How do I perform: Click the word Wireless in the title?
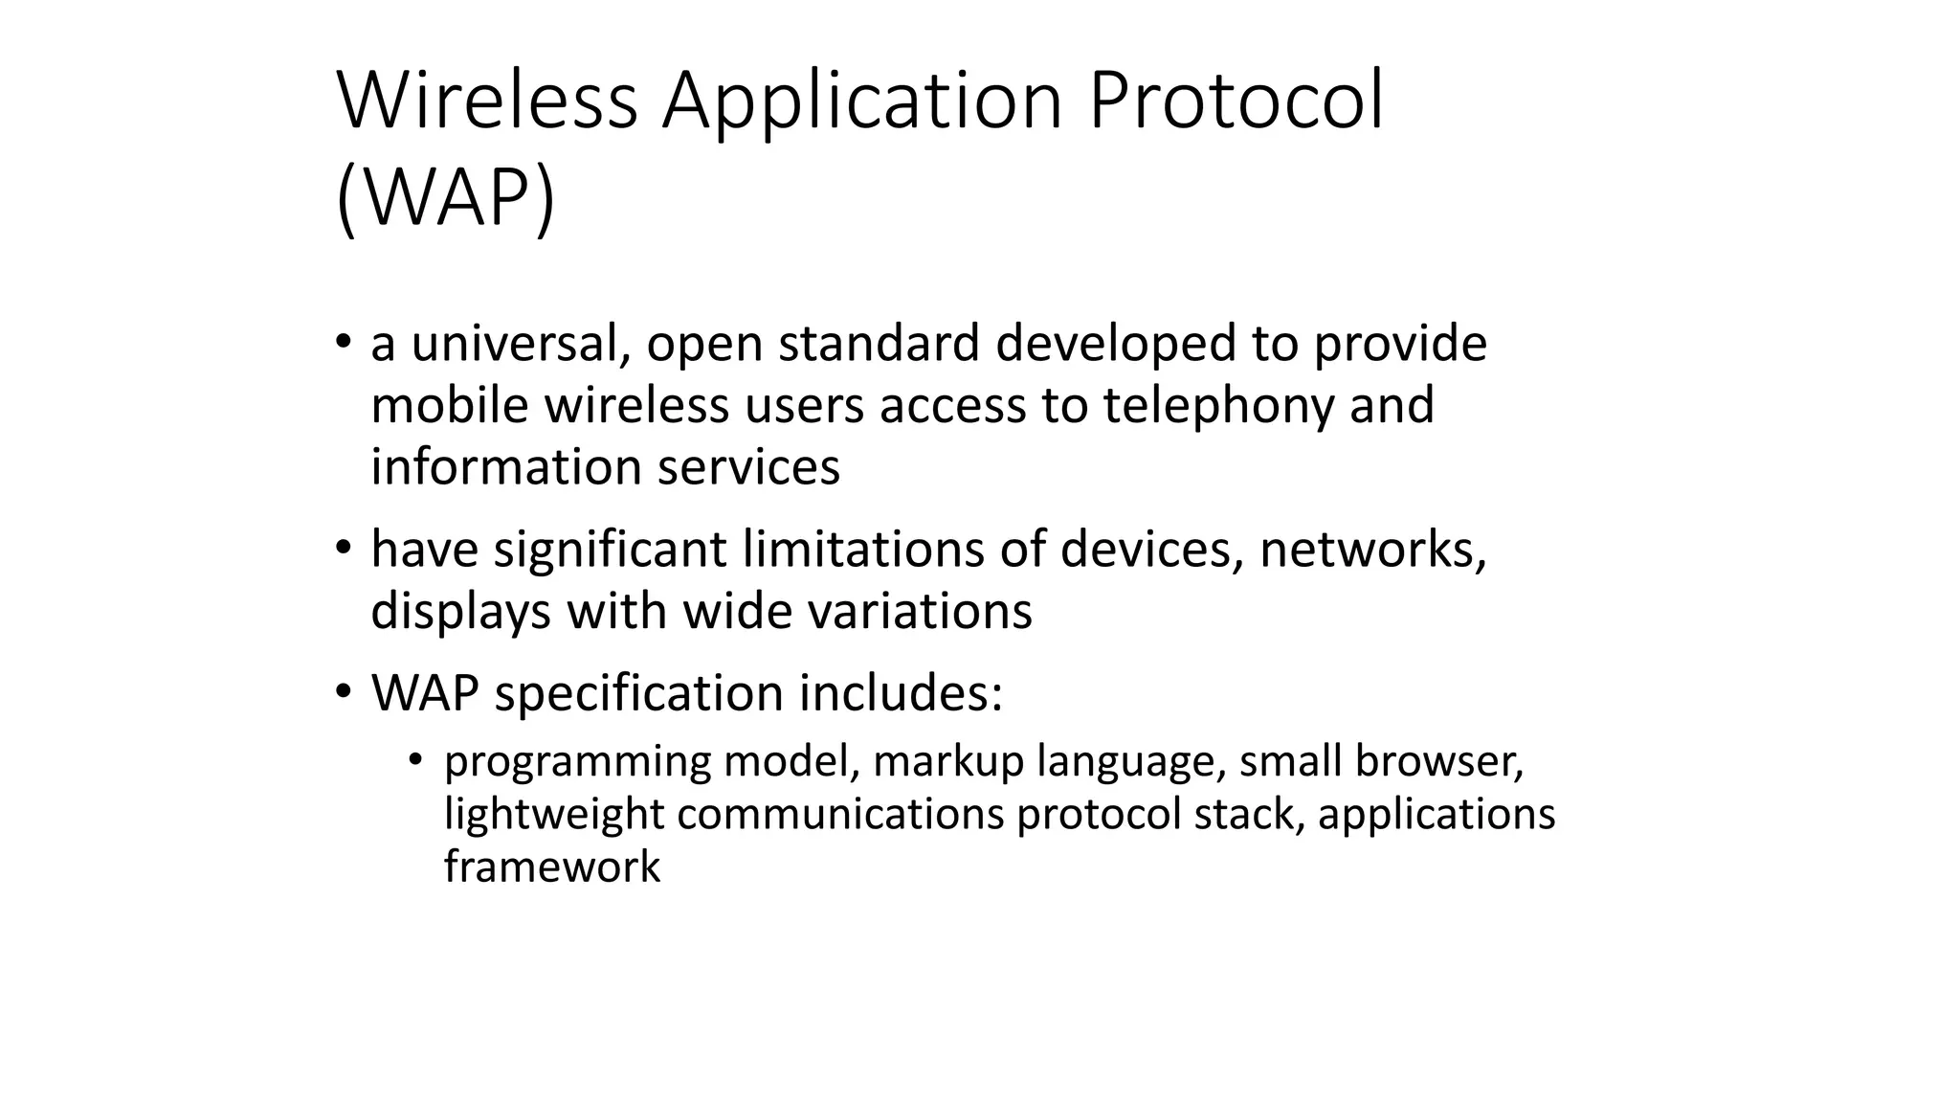[487, 101]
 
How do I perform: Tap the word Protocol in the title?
[1236, 101]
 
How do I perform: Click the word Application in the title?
[862, 101]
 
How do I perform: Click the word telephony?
[1218, 405]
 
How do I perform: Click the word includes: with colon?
[901, 692]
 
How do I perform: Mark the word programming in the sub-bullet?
[577, 762]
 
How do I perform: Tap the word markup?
[948, 762]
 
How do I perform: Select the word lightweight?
[553, 814]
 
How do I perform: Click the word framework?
[552, 867]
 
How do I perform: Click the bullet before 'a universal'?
[343, 342]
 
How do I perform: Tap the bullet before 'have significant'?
[343, 548]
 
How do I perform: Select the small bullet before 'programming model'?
[414, 760]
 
